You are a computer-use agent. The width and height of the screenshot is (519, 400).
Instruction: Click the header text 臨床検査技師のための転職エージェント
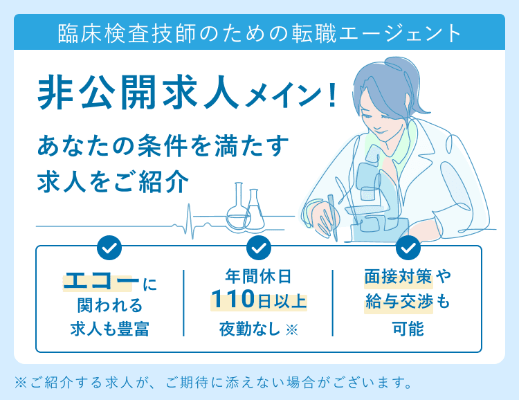pyautogui.click(x=259, y=33)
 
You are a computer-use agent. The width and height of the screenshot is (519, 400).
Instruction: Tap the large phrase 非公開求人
pyautogui.click(x=138, y=92)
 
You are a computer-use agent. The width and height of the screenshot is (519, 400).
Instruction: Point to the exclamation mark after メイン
pyautogui.click(x=332, y=96)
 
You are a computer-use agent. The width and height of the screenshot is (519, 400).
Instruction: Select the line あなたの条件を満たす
pyautogui.click(x=163, y=145)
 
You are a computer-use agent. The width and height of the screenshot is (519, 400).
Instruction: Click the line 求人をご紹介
pyautogui.click(x=113, y=182)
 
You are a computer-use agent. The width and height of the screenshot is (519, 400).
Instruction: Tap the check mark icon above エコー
pyautogui.click(x=109, y=248)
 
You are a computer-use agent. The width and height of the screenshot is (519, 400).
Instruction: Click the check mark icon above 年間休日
pyautogui.click(x=259, y=248)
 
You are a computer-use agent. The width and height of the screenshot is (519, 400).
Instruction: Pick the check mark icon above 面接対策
pyautogui.click(x=408, y=248)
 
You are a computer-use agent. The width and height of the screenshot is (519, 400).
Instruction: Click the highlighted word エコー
pyautogui.click(x=101, y=282)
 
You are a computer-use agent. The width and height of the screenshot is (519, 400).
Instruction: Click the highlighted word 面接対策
pyautogui.click(x=398, y=276)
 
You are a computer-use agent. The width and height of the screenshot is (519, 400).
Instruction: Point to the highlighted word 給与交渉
pyautogui.click(x=399, y=302)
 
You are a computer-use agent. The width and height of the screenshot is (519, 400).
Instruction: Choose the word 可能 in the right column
pyautogui.click(x=408, y=329)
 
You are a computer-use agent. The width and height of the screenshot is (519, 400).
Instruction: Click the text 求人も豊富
pyautogui.click(x=110, y=329)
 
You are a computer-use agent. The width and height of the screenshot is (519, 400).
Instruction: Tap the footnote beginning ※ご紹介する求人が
pyautogui.click(x=214, y=383)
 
